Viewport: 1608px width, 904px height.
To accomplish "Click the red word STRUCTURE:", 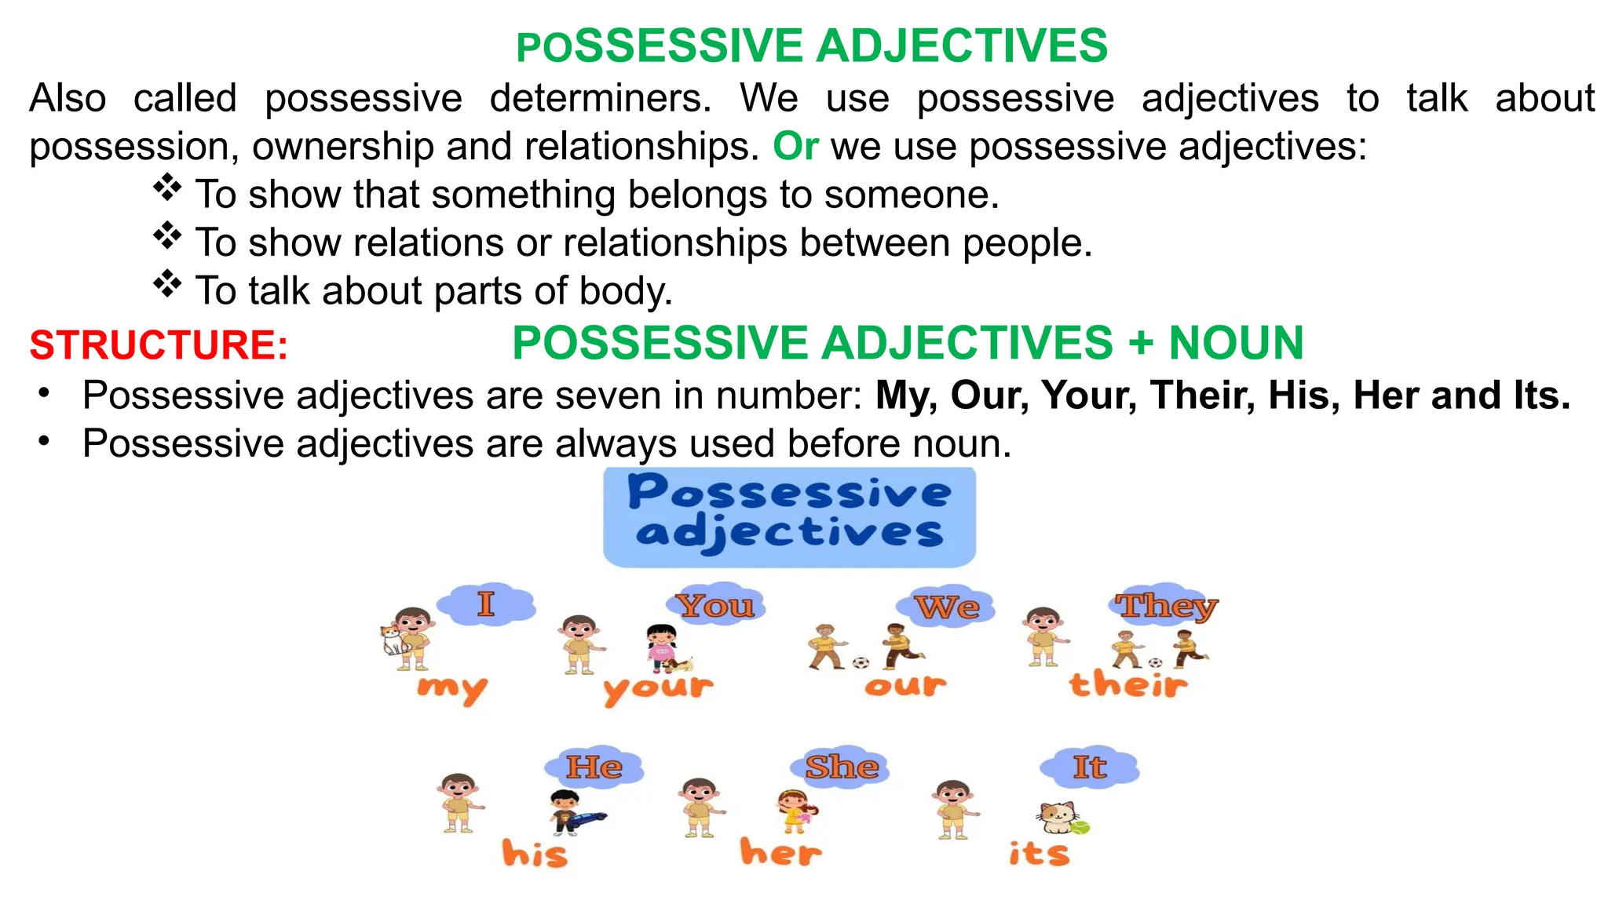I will click(159, 345).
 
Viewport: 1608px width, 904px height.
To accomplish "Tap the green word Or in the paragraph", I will click(795, 146).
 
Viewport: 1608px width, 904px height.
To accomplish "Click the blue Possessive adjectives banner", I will click(789, 516).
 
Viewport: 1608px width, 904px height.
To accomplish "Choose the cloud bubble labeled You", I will click(715, 605).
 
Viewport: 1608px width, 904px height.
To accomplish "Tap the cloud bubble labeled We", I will click(946, 607).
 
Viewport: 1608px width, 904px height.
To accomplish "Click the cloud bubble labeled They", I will click(1167, 605).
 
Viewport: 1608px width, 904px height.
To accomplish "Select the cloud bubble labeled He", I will click(594, 767).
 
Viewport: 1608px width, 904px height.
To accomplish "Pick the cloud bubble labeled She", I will click(842, 767).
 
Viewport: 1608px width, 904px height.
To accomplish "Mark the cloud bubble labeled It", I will click(1089, 767).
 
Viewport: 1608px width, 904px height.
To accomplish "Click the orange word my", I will click(452, 688).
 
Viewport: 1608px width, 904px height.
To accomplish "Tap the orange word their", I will click(1127, 684).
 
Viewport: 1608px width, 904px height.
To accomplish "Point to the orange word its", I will click(1039, 853).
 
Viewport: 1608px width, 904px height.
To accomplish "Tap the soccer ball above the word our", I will click(861, 663).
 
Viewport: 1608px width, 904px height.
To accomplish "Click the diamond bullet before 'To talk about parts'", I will click(167, 283).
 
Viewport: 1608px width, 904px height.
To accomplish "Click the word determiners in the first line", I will click(601, 99).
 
